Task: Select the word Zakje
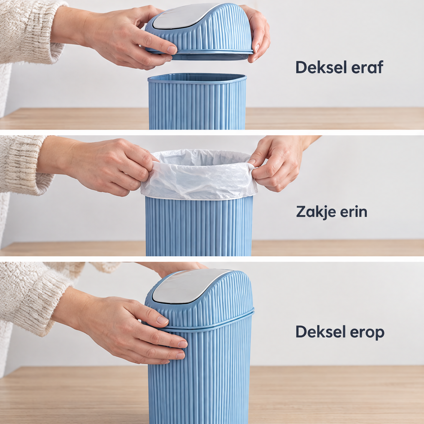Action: pyautogui.click(x=316, y=212)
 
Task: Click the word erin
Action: pyautogui.click(x=354, y=212)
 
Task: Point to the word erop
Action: pyautogui.click(x=367, y=332)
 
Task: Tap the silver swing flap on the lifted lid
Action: pyautogui.click(x=184, y=16)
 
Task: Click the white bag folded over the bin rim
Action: pyautogui.click(x=199, y=175)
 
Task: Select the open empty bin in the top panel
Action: pyautogui.click(x=197, y=102)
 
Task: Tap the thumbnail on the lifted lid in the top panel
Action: pyautogui.click(x=172, y=49)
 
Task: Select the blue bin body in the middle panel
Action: pyautogui.click(x=199, y=226)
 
